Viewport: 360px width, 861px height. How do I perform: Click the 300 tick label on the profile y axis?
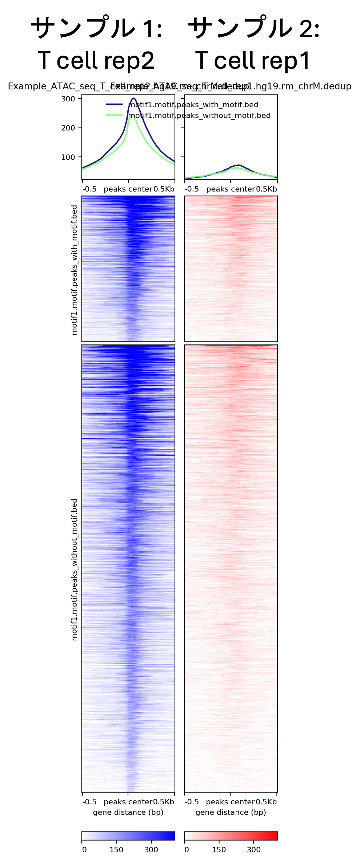pyautogui.click(x=68, y=99)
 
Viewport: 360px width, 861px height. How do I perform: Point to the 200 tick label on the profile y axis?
pyautogui.click(x=68, y=128)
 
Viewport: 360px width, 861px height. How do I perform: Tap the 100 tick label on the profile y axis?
pyautogui.click(x=68, y=157)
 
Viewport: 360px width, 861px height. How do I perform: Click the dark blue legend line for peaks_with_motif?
pyautogui.click(x=114, y=104)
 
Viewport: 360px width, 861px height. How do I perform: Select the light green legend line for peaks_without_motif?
pyautogui.click(x=114, y=115)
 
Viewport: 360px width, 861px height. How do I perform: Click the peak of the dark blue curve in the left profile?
pyautogui.click(x=133, y=98)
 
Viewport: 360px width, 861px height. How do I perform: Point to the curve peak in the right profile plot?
pyautogui.click(x=238, y=165)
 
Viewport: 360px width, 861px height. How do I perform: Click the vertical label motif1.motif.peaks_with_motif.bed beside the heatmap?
pyautogui.click(x=75, y=270)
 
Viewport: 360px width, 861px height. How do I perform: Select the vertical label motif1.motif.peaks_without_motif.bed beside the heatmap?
pyautogui.click(x=75, y=569)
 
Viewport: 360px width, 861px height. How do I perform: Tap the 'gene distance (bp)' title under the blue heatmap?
pyautogui.click(x=128, y=812)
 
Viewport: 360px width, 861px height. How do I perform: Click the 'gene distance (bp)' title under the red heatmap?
pyautogui.click(x=231, y=812)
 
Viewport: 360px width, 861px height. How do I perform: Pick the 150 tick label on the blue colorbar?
pyautogui.click(x=116, y=850)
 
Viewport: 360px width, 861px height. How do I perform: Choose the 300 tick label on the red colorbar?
pyautogui.click(x=254, y=850)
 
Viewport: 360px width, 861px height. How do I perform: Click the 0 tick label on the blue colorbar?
pyautogui.click(x=84, y=850)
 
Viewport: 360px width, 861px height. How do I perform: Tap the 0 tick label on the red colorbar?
pyautogui.click(x=187, y=850)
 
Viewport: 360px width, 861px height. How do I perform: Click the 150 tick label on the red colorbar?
pyautogui.click(x=219, y=850)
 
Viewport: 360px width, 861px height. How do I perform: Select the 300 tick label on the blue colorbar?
pyautogui.click(x=151, y=850)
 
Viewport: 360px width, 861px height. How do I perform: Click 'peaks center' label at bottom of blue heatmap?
pyautogui.click(x=128, y=802)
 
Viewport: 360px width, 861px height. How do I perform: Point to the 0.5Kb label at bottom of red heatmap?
pyautogui.click(x=266, y=802)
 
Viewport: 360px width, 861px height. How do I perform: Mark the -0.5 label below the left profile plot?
pyautogui.click(x=89, y=189)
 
